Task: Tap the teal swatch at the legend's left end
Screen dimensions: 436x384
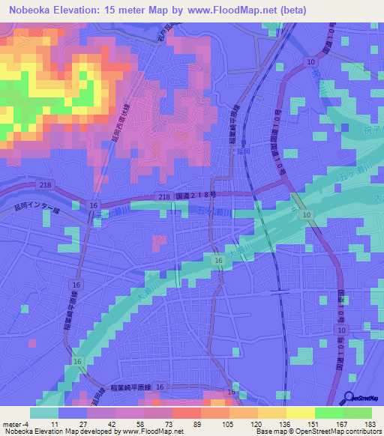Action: (44, 413)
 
